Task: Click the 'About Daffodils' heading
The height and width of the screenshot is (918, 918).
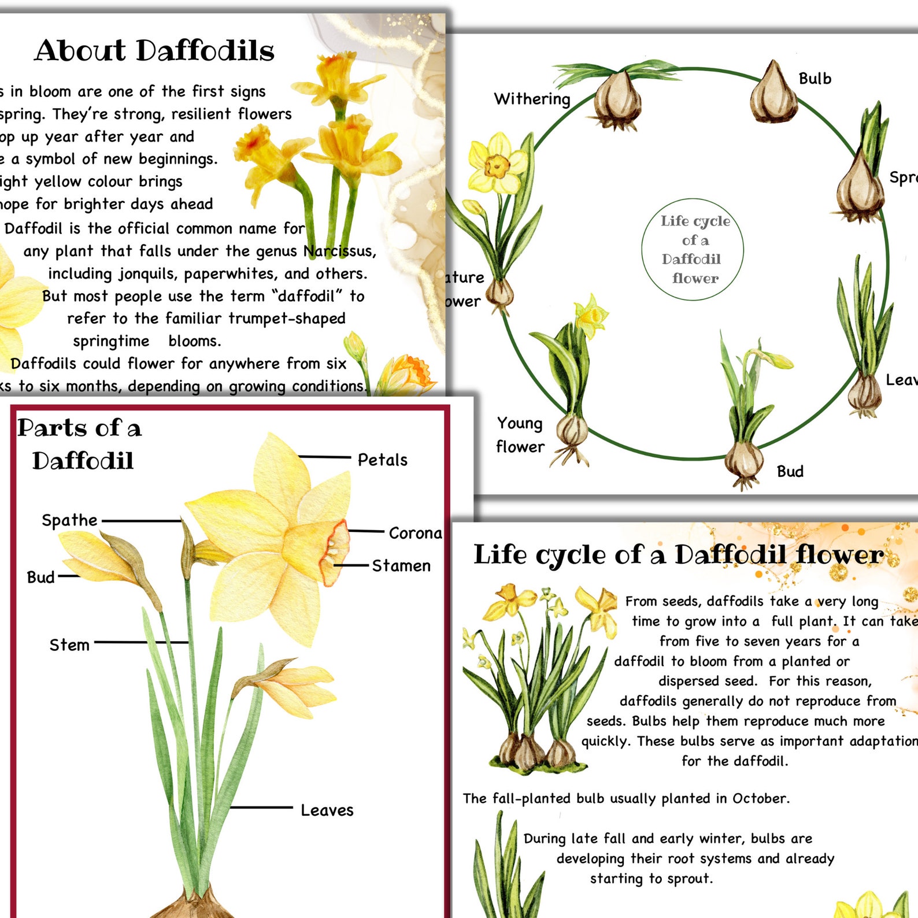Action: pyautogui.click(x=154, y=50)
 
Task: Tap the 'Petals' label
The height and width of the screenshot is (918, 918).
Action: pyautogui.click(x=382, y=460)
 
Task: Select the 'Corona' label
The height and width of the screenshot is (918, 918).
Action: pyautogui.click(x=415, y=533)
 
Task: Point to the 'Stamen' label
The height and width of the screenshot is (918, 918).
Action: pyautogui.click(x=401, y=566)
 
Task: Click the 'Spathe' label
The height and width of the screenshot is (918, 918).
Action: pyautogui.click(x=69, y=520)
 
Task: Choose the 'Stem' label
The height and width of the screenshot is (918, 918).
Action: pyautogui.click(x=69, y=645)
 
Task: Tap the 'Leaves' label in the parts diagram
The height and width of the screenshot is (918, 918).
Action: pyautogui.click(x=327, y=810)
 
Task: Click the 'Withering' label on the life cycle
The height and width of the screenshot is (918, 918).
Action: pyautogui.click(x=532, y=99)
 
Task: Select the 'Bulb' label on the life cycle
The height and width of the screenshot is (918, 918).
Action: pyautogui.click(x=815, y=79)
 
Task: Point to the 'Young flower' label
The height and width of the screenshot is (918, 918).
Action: pyautogui.click(x=520, y=435)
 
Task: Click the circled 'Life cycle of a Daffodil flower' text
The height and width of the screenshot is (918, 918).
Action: pyautogui.click(x=694, y=249)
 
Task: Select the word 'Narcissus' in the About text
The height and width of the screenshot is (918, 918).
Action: pyautogui.click(x=339, y=251)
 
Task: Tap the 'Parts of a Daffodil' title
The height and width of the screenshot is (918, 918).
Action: pyautogui.click(x=80, y=444)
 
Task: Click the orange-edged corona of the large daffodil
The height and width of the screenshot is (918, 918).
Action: pyautogui.click(x=334, y=551)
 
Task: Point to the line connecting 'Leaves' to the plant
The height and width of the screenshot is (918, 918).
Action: pyautogui.click(x=261, y=808)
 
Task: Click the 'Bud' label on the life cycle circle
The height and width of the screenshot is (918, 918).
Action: pyautogui.click(x=790, y=472)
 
